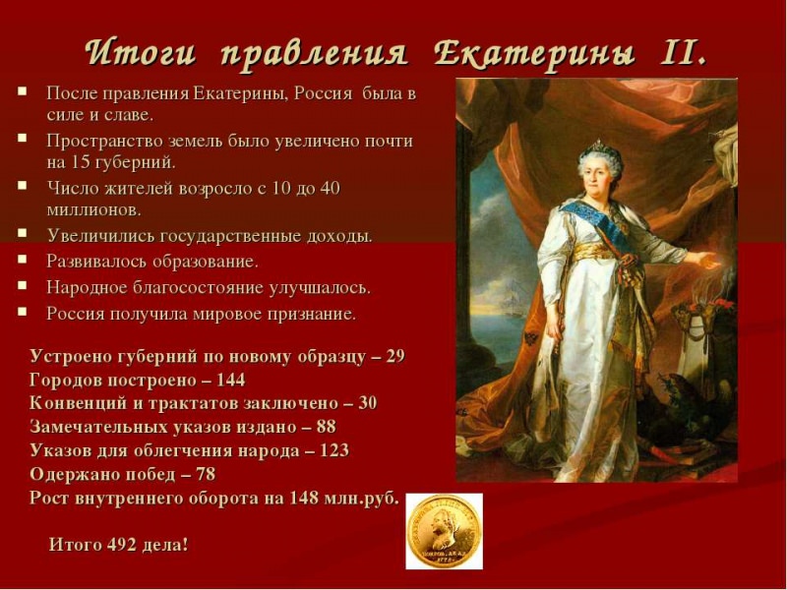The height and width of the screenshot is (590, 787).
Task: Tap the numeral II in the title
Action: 679,51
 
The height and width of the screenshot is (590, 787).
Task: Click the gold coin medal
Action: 444,530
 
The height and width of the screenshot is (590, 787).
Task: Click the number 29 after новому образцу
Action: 394,356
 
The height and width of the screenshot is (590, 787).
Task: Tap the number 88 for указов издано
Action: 326,427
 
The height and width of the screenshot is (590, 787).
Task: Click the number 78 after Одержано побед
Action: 233,474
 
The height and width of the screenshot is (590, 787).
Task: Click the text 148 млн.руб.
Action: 343,498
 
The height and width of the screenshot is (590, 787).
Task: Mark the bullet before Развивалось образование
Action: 22,260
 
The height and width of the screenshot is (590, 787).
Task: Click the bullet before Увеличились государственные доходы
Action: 22,234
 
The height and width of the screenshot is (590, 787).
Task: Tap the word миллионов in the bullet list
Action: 93,209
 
